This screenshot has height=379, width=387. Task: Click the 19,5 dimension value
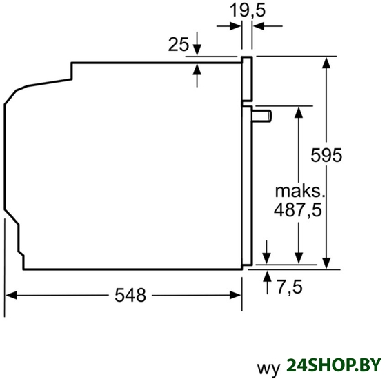247,10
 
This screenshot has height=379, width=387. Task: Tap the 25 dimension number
178,44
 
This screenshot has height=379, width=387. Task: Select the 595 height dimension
326,155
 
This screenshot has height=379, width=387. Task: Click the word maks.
299,191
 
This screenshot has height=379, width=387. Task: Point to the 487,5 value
297,210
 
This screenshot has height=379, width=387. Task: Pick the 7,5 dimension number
290,287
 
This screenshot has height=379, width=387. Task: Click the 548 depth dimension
130,295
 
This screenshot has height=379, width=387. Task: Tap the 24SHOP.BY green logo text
334,365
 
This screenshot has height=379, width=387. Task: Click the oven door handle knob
262,116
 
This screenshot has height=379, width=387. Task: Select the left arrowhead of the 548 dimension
11,295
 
